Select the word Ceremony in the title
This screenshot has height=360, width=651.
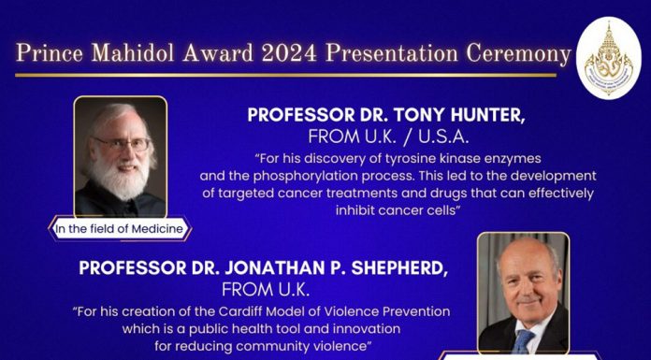[x=518, y=54]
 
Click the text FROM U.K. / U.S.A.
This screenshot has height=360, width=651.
[x=388, y=137]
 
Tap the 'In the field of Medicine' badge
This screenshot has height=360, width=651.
[x=120, y=229]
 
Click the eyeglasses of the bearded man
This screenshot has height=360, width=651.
[x=122, y=144]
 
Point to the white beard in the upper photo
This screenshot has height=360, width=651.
[x=120, y=178]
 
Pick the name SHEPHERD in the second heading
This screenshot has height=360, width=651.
[x=399, y=268]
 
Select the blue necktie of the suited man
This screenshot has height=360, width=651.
[x=523, y=341]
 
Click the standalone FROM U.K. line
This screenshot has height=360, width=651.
[x=266, y=290]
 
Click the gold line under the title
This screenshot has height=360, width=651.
[x=285, y=75]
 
